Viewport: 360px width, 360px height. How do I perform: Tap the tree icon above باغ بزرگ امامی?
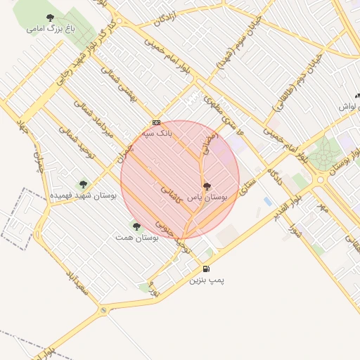(49, 18)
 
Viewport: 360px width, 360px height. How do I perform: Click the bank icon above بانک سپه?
(156, 122)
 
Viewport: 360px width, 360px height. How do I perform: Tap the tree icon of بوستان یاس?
(206, 187)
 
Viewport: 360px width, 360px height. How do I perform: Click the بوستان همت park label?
(137, 238)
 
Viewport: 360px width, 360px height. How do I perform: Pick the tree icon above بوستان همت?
(136, 226)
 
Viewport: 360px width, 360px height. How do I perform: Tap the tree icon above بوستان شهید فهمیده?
(83, 184)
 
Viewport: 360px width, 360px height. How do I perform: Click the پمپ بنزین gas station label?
(206, 280)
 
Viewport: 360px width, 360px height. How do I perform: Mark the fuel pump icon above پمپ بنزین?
(205, 269)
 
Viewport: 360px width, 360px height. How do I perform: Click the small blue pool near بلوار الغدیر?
(268, 201)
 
